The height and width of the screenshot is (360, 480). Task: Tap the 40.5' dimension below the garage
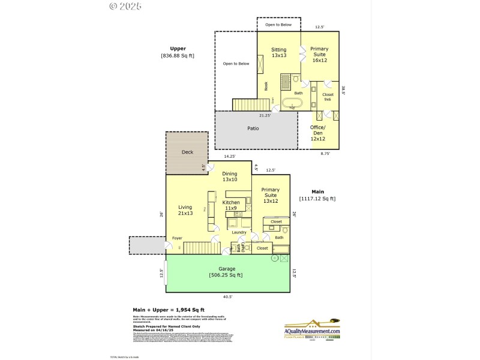click(227, 296)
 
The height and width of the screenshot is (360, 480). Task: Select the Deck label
click(187, 152)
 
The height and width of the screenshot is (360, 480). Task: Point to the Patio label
click(253, 128)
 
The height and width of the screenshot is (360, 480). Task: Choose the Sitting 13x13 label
click(278, 52)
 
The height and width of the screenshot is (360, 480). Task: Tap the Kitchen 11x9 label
click(231, 205)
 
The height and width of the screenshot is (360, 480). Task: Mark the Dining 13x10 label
click(230, 176)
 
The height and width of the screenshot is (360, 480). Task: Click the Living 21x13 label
click(185, 210)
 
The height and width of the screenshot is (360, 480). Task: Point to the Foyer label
click(177, 238)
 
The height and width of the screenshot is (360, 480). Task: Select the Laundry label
click(239, 232)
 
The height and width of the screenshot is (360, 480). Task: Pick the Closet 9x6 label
click(328, 97)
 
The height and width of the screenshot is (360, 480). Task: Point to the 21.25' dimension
click(265, 115)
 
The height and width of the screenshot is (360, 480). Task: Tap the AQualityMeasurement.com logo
click(312, 331)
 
